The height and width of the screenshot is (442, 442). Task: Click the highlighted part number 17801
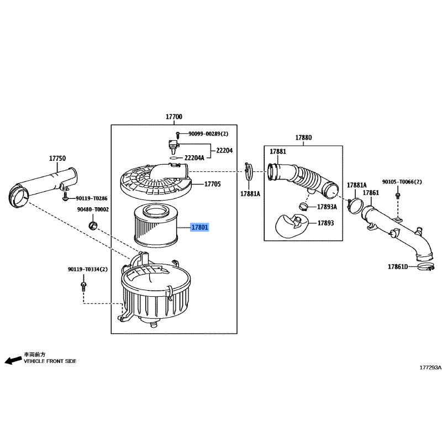[x=199, y=227]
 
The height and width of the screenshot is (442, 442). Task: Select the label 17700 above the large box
[x=174, y=117]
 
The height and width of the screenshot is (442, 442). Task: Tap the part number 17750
[x=57, y=159]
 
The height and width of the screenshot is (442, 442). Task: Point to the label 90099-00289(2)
[x=208, y=134]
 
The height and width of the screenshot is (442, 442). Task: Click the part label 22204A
[x=194, y=158]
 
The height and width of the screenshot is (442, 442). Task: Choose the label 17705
[x=213, y=184]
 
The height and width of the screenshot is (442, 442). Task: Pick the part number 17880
[x=303, y=138]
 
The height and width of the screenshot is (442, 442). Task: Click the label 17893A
[x=327, y=207]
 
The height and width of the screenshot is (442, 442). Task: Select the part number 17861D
[x=398, y=267]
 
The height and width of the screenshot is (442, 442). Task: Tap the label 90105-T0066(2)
[x=402, y=182]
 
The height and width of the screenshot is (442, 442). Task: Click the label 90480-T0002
[x=93, y=209]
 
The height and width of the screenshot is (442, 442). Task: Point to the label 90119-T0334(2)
[x=88, y=270]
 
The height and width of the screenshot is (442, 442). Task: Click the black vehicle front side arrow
[x=13, y=360]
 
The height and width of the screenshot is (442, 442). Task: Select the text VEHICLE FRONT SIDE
[x=50, y=361]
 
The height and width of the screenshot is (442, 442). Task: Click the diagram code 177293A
[x=430, y=367]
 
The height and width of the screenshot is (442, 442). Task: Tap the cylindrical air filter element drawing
[x=156, y=225]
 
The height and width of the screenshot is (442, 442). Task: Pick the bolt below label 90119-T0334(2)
[x=83, y=286]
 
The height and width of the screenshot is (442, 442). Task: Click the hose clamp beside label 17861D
[x=425, y=267]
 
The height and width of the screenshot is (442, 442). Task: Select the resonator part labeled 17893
[x=291, y=226]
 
